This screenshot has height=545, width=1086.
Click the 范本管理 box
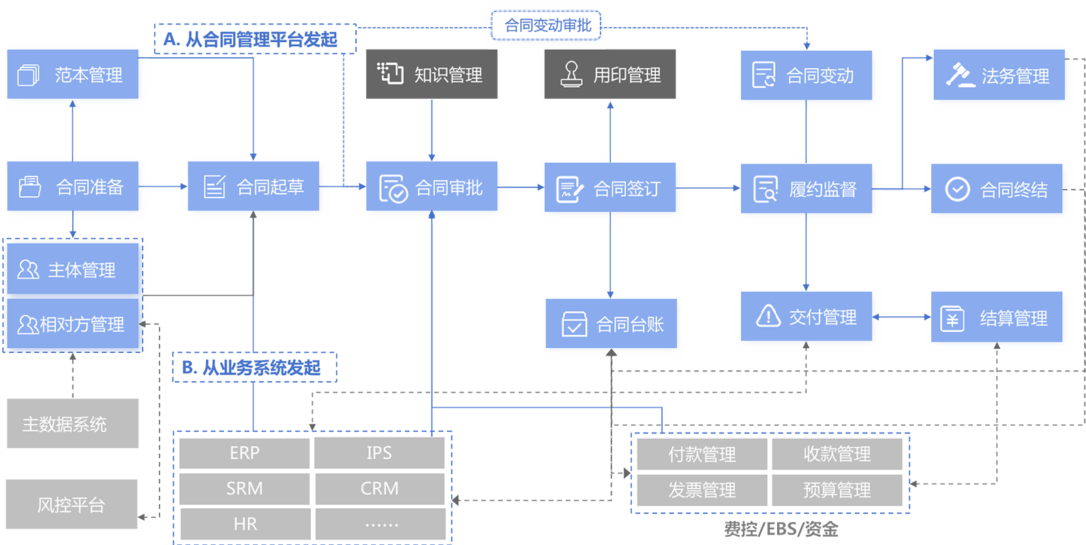tap(73, 74)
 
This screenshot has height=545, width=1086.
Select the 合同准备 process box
tap(73, 186)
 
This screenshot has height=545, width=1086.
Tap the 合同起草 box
tap(253, 186)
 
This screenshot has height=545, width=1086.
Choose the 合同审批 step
tap(432, 187)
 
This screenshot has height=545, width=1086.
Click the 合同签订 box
tap(610, 188)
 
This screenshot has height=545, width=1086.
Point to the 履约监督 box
tap(806, 189)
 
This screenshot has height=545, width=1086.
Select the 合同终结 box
tap(997, 189)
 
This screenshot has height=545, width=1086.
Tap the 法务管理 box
tap(999, 76)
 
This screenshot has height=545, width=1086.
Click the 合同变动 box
tap(806, 76)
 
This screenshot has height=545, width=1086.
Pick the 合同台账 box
tap(612, 324)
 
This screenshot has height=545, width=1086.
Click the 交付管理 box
tap(806, 316)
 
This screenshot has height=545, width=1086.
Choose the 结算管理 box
tap(997, 317)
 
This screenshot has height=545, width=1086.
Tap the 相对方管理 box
tap(73, 324)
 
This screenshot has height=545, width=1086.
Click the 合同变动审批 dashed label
tap(547, 25)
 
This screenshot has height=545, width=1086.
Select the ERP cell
tap(244, 453)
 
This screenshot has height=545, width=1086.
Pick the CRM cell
tap(379, 488)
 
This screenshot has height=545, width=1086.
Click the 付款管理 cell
tap(702, 454)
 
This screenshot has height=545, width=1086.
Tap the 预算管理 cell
tap(836, 490)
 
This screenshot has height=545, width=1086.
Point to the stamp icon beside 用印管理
tap(571, 74)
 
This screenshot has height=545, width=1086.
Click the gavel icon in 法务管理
tap(960, 75)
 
